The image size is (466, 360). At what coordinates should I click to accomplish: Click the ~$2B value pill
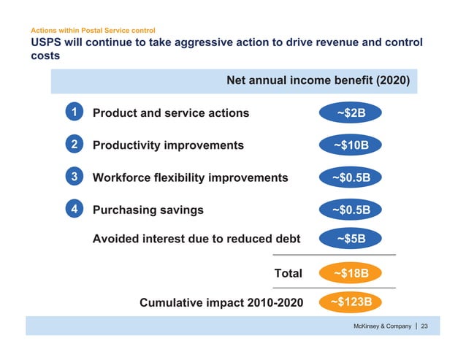click(351, 113)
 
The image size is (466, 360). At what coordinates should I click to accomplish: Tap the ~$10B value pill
click(351, 145)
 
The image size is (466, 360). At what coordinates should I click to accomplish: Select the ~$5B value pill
click(351, 238)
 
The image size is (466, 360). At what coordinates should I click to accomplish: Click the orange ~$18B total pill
click(351, 273)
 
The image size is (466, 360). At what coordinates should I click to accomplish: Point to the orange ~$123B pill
click(351, 301)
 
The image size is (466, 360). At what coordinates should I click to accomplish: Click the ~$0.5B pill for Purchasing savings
click(351, 210)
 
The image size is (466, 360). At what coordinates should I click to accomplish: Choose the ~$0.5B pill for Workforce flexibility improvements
click(351, 178)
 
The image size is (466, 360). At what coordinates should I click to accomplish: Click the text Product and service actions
click(170, 112)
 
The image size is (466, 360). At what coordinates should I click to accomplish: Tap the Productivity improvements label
click(168, 145)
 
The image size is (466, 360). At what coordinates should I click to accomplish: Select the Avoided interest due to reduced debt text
click(196, 237)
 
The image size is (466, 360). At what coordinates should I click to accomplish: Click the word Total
click(287, 273)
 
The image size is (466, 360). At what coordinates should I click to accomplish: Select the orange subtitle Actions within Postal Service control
click(92, 31)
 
